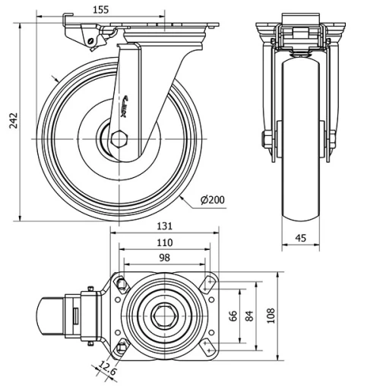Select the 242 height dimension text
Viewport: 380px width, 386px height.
tap(12, 122)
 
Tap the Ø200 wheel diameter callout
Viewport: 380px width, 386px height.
tap(213, 199)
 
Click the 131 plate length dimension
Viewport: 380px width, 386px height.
tap(165, 226)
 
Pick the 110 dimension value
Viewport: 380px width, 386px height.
tap(165, 242)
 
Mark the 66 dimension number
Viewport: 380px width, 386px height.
tap(234, 314)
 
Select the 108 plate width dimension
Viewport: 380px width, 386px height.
tap(271, 314)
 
